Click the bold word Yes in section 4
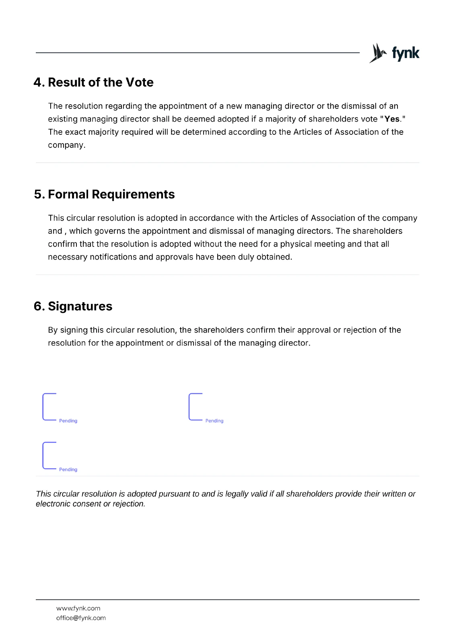coord(392,119)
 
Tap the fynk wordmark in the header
coord(406,53)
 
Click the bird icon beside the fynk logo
coord(378,53)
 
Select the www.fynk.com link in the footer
coord(78,608)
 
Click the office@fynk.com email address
coord(81,618)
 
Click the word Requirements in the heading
coord(133,194)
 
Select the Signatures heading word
coord(80,306)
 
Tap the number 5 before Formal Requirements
coord(38,194)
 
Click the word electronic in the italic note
coord(53,504)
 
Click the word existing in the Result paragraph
coord(62,119)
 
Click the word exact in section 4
coord(75,132)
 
